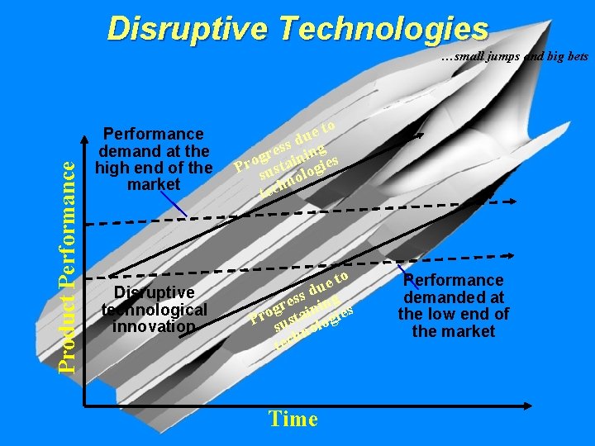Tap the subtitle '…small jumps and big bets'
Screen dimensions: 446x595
(514, 57)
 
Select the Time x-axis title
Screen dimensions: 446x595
(293, 419)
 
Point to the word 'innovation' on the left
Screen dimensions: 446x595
(155, 326)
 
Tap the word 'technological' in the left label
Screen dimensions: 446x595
(155, 310)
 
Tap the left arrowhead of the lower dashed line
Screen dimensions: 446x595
(107, 278)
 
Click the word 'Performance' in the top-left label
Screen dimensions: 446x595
(154, 134)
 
